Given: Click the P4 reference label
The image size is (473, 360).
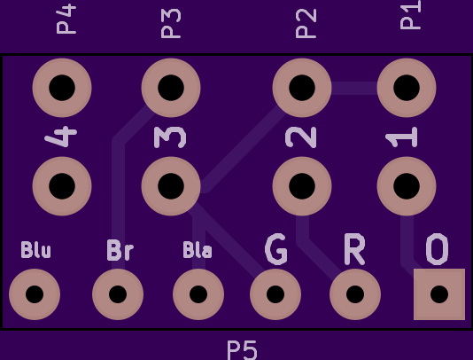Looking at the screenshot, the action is [x=66, y=19].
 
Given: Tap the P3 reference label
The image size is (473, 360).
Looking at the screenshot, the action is [x=171, y=23].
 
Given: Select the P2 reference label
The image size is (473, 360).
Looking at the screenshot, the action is [x=306, y=23].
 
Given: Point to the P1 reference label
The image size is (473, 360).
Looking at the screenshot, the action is [x=410, y=14].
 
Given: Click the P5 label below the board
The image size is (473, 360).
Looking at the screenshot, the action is [x=242, y=350].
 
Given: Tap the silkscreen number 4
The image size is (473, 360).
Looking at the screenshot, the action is [x=61, y=137].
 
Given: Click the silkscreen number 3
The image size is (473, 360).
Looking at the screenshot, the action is [x=170, y=137].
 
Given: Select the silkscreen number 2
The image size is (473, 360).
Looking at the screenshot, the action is [x=301, y=137].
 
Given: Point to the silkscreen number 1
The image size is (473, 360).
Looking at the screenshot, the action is [x=401, y=137].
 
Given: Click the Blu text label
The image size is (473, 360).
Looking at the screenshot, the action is [x=36, y=250].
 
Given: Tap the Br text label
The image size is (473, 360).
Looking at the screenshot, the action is [x=120, y=250].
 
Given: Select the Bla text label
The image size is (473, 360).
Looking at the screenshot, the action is [x=198, y=250].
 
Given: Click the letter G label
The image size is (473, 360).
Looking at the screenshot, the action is [x=275, y=249].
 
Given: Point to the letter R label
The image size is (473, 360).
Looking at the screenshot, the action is [x=354, y=249].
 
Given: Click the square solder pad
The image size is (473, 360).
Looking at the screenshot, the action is [x=439, y=294].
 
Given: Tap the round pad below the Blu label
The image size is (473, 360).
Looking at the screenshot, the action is [x=35, y=294].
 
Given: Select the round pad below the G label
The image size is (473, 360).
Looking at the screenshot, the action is [x=275, y=294].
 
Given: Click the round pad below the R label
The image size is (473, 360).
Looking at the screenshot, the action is [x=355, y=294].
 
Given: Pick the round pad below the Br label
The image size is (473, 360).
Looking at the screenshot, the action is [x=118, y=294].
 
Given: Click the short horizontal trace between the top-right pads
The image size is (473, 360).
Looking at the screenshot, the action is [x=354, y=88].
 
